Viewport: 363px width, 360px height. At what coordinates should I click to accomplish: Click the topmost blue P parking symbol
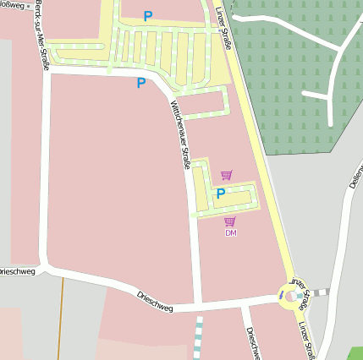pos(148,15)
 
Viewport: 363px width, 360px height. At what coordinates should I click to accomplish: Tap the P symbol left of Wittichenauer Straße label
pos(141,83)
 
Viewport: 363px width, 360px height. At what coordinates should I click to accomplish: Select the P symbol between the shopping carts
pos(221,194)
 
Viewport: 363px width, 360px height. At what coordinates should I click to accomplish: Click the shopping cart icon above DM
pos(230,221)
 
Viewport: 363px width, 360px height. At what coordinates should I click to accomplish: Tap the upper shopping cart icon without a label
pos(226,175)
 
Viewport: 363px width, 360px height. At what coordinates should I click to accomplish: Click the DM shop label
pos(230,232)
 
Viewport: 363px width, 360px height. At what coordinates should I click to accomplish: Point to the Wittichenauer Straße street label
pos(180,135)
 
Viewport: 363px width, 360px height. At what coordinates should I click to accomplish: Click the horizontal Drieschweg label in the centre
pos(155,302)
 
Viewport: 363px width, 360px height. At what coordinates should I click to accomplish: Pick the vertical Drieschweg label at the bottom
pos(252,342)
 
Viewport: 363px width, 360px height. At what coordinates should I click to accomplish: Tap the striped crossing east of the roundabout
pos(320,292)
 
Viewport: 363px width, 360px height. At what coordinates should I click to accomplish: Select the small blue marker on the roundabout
pos(281,296)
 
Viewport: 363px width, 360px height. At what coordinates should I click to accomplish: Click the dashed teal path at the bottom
pos(199,337)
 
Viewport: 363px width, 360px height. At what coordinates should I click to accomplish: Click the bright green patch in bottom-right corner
pos(355,353)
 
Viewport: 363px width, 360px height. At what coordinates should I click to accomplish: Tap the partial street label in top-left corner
pos(13,3)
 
